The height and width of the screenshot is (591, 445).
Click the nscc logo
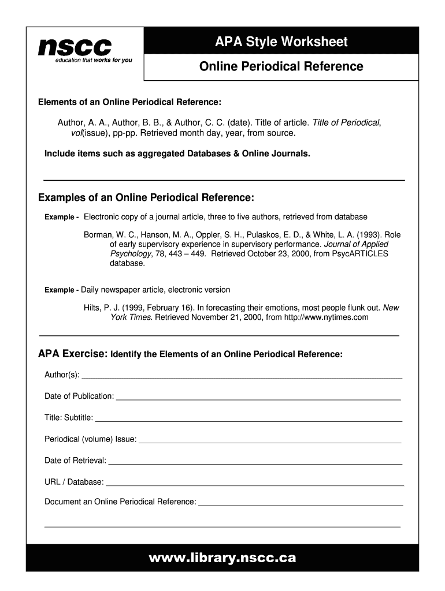click(75, 46)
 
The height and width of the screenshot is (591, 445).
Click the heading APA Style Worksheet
click(281, 42)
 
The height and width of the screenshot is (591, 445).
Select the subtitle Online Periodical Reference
click(281, 66)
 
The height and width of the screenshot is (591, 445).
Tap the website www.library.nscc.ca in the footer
click(222, 558)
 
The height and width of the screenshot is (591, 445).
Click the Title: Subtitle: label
click(68, 418)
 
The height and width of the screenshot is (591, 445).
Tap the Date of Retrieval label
click(75, 461)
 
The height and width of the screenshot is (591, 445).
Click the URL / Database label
click(74, 482)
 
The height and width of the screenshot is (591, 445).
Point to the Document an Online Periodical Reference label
click(120, 502)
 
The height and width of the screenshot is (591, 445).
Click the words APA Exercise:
click(72, 353)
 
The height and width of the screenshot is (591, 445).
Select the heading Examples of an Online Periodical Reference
click(146, 198)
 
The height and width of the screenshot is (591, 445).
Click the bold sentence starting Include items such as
click(177, 154)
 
